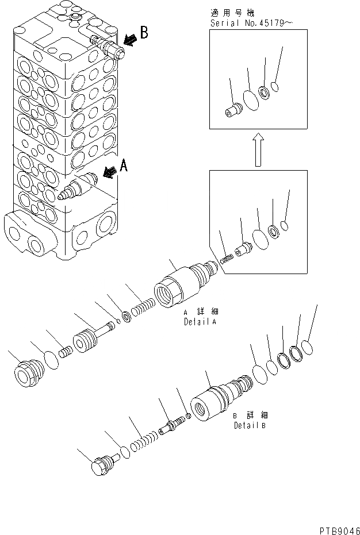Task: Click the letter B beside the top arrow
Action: coord(144,33)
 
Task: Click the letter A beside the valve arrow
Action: coord(123,167)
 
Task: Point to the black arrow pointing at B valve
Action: coord(131,39)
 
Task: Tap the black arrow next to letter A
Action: coord(109,170)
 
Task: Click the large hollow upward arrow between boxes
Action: coord(258,148)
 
